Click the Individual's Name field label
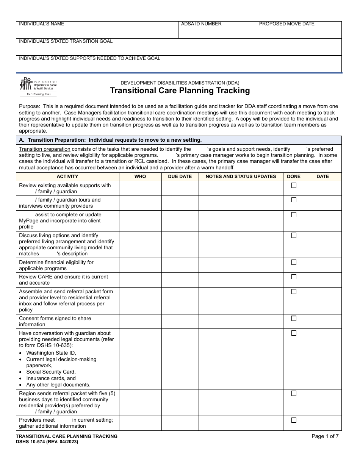pos(42,24)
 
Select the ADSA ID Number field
pos(217,30)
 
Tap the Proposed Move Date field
pos(299,30)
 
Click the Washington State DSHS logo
pos(38,87)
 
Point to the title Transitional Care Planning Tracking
pos(180,91)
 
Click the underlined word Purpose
pos(29,106)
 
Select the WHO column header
pos(140,177)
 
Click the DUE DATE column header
pos(180,177)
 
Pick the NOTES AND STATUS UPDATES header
pos(241,177)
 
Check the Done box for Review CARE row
pos(294,277)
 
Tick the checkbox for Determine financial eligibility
pos(294,262)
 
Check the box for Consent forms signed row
pos(294,319)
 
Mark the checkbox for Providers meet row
pos(294,420)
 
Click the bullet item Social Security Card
pos(51,372)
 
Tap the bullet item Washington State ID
pos(51,353)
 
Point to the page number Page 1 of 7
pos(325,436)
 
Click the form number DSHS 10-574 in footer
pos(47,442)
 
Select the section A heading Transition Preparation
pos(110,140)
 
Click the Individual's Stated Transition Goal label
pos(66,41)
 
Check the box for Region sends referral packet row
pos(294,393)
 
